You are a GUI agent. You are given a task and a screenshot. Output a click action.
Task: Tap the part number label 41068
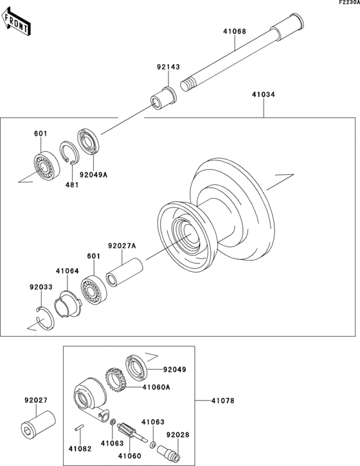pos(235,31)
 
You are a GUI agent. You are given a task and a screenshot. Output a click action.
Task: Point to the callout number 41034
pos(263,94)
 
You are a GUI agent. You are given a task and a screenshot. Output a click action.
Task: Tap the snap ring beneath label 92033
pos(46,319)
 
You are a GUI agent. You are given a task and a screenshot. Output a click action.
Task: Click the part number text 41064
pos(66,271)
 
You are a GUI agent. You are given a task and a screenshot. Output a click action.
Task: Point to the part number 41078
pos(223,401)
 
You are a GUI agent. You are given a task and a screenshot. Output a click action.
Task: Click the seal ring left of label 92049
pos(136,366)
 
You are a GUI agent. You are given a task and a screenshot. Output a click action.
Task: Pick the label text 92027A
pos(121,246)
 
